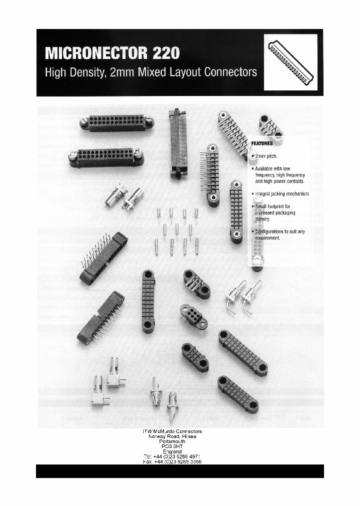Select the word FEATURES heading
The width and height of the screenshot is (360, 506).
[261, 143]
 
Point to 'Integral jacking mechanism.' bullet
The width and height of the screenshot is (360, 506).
[282, 193]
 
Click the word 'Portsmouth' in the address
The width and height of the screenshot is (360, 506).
[172, 441]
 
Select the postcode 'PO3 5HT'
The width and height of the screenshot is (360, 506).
[172, 446]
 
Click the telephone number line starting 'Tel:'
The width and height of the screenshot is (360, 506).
[172, 456]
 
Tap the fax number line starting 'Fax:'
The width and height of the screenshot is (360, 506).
[172, 462]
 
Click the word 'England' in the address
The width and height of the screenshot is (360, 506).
[172, 451]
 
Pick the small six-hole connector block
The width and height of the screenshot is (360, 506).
[193, 316]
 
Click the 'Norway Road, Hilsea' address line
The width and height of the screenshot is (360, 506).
[172, 436]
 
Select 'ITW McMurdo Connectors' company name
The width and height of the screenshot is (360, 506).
[172, 431]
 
